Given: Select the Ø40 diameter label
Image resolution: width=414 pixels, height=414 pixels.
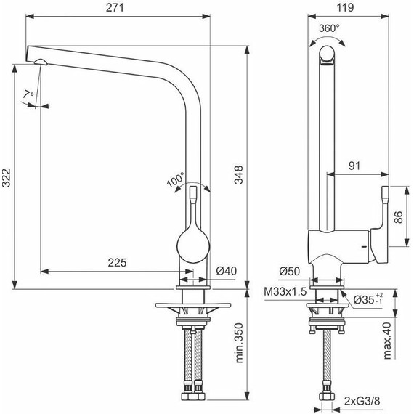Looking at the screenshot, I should (x=227, y=271).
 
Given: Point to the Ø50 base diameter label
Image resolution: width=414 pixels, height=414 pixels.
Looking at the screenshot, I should (x=288, y=271).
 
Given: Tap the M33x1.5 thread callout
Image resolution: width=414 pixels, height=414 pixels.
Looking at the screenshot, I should (x=284, y=293).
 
